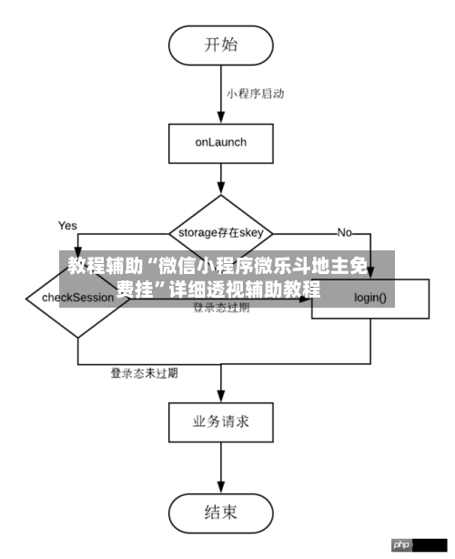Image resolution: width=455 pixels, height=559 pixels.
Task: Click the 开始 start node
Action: tap(221, 44)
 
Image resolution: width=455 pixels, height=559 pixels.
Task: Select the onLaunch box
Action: tap(221, 142)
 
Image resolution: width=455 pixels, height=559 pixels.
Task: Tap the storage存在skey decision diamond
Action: tap(221, 232)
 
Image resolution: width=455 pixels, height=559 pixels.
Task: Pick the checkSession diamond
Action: tap(77, 298)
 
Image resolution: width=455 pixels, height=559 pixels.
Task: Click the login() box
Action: tap(370, 298)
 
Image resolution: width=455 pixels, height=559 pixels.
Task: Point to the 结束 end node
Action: tap(221, 513)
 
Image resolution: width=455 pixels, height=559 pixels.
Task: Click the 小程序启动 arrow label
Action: tap(256, 93)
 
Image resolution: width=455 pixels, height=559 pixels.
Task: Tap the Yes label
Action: tap(67, 225)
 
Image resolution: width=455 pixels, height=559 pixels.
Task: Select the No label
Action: tap(344, 232)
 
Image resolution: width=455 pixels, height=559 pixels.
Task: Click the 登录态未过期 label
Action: tap(144, 372)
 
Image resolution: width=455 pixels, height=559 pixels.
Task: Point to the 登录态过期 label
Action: tap(221, 309)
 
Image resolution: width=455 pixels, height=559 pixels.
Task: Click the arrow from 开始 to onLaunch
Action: tap(221, 97)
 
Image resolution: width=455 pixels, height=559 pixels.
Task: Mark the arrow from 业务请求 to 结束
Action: tap(221, 468)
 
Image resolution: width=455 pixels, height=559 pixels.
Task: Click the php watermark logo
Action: tap(401, 544)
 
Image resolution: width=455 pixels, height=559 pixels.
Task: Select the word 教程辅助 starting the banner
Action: tap(99, 267)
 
